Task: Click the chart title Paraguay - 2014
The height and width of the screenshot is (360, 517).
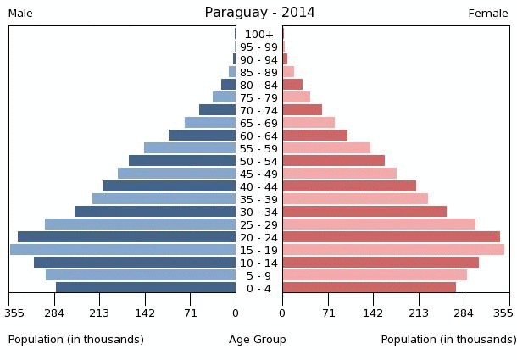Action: [259, 13]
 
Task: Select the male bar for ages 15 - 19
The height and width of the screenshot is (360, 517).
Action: [123, 250]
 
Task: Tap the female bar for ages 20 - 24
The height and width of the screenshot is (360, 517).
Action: [391, 237]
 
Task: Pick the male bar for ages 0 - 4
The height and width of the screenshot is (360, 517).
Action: [146, 288]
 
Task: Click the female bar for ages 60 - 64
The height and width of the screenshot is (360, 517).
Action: [314, 136]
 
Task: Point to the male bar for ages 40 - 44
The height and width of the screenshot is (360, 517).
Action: [169, 186]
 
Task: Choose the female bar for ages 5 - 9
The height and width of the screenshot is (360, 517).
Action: [375, 275]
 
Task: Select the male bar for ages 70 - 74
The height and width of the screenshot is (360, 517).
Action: [217, 110]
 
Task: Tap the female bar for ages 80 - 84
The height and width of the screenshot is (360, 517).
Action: [292, 85]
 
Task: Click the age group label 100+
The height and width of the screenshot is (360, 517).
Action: [258, 35]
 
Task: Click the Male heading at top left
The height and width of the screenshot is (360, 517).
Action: [20, 14]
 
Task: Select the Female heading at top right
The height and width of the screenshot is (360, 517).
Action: [488, 14]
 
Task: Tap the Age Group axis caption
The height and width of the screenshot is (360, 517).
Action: [258, 340]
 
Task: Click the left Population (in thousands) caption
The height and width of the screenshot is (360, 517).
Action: [76, 340]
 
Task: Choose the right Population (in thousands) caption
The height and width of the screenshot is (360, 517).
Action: [448, 340]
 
